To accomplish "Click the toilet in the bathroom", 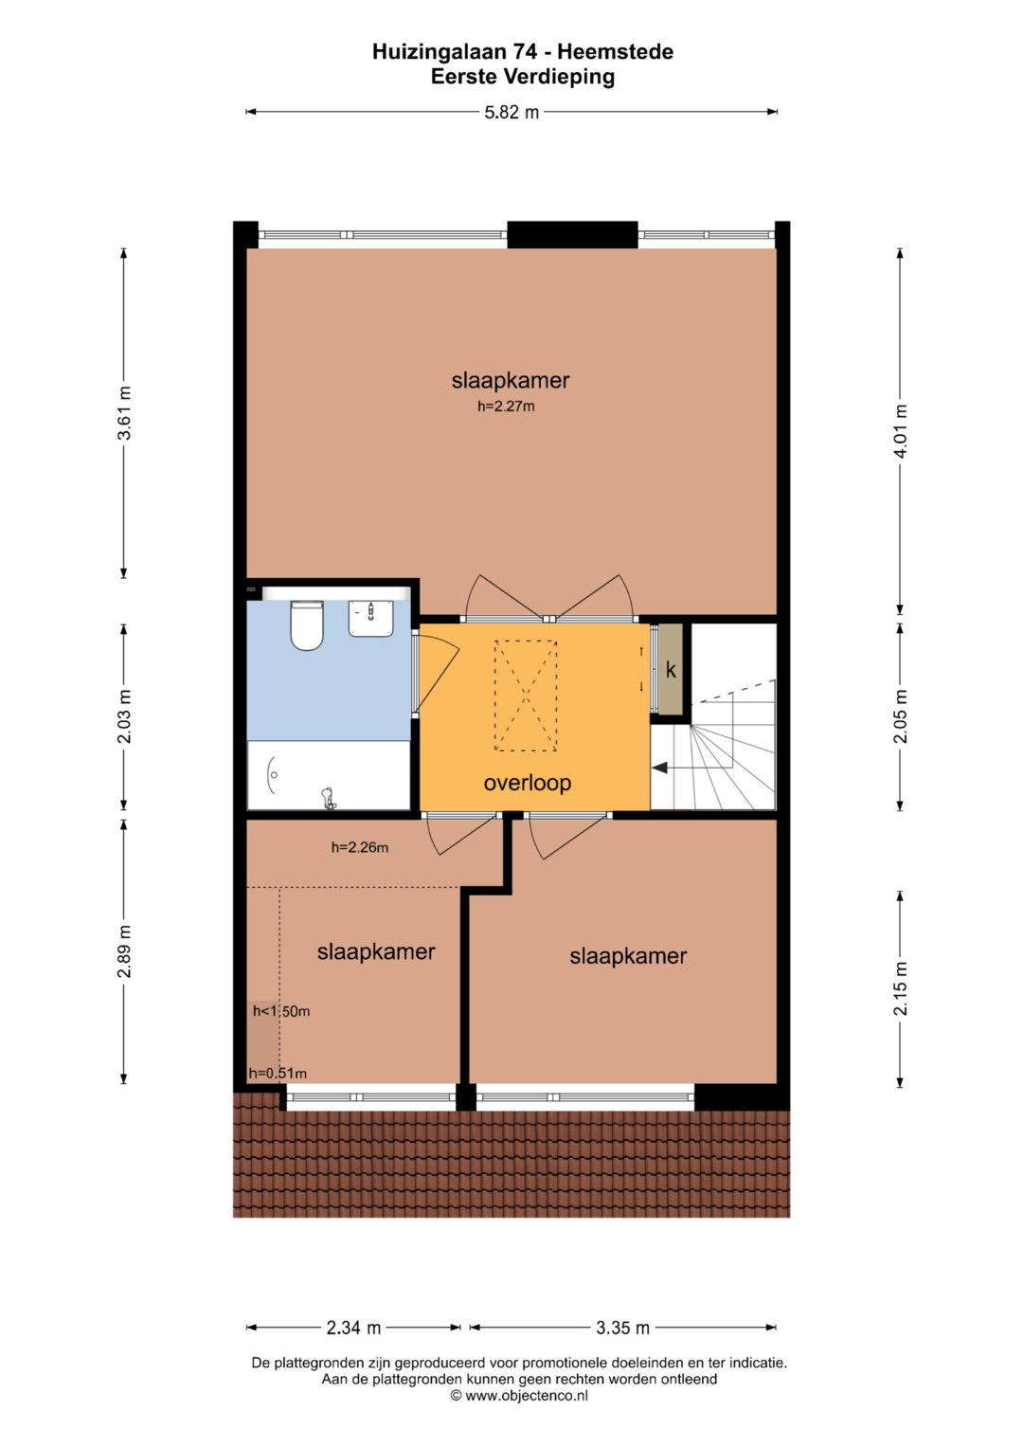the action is [306, 625].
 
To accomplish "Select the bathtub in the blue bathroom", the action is [329, 774].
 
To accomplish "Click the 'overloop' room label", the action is [527, 783].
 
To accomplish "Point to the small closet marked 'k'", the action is [671, 669].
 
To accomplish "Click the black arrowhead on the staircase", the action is [660, 769].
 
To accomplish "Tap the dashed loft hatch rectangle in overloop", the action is [526, 696].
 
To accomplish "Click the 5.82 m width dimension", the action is [511, 112].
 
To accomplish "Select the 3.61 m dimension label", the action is [124, 413].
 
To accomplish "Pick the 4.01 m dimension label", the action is [900, 431].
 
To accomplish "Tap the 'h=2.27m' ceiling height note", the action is [506, 407].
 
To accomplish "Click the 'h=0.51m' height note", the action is [278, 1074].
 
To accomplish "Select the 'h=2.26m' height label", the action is [360, 847].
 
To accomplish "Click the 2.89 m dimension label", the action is [124, 951].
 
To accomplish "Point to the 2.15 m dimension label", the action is [900, 988].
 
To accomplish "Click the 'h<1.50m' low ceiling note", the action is [281, 1011].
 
